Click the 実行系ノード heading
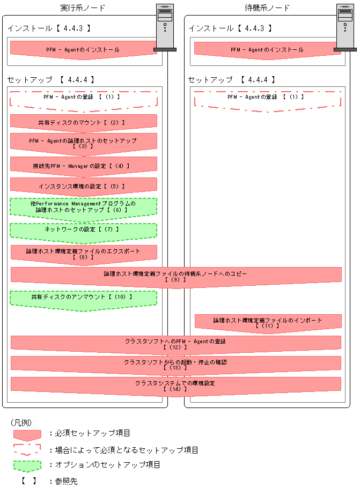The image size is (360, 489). click(x=83, y=8)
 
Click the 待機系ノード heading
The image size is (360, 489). click(x=267, y=8)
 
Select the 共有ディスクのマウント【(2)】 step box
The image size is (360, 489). click(x=83, y=122)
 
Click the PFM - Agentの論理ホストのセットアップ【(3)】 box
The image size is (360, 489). click(x=83, y=142)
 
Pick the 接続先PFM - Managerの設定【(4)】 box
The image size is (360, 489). click(x=83, y=166)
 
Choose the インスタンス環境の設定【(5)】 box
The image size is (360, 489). click(x=83, y=186)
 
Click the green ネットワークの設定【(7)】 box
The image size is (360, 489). click(x=83, y=229)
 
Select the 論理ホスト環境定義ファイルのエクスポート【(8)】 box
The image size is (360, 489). click(x=83, y=253)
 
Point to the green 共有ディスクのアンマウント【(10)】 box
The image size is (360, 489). click(x=83, y=297)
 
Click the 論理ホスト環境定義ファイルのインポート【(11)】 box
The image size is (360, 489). click(x=268, y=322)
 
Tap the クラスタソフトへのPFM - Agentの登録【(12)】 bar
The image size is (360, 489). click(x=175, y=343)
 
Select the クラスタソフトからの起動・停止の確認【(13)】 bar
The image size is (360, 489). click(x=175, y=364)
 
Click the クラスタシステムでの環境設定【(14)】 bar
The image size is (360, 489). click(x=175, y=385)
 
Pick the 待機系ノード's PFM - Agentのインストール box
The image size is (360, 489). click(x=267, y=49)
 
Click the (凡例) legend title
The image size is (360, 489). click(x=21, y=422)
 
